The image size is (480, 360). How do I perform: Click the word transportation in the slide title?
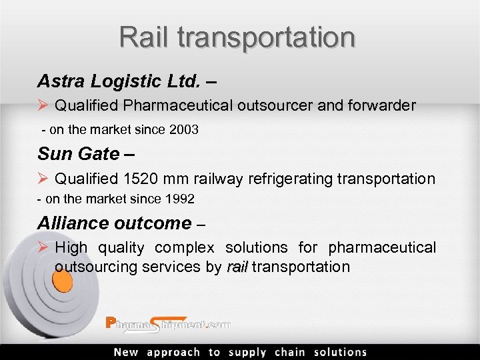coord(267,38)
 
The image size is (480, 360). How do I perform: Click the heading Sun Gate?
coord(79,154)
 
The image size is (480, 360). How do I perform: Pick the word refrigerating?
coord(291,179)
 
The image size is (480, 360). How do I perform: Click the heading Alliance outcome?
coord(114,223)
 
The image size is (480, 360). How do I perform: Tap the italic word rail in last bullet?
coord(237,267)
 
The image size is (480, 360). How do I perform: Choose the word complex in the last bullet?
coord(185,248)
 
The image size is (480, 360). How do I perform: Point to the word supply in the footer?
coord(247,352)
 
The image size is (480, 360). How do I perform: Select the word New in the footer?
coord(126,352)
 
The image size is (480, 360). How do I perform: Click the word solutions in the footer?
coord(341,352)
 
